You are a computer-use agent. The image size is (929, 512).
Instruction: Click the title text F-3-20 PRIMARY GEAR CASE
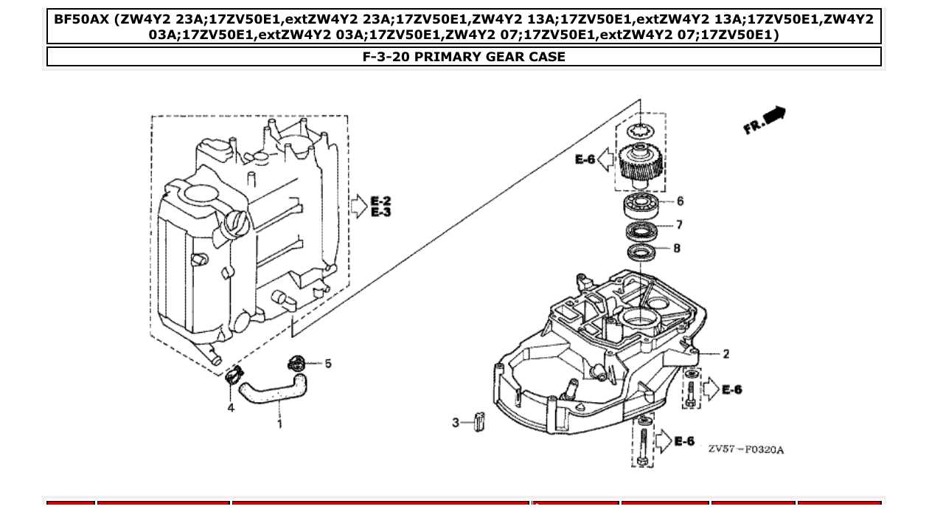[x=464, y=57]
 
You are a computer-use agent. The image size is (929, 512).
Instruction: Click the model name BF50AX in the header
[x=82, y=18]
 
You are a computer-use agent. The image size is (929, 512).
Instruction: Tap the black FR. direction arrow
[x=774, y=116]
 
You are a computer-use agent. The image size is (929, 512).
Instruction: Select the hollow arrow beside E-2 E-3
[x=358, y=207]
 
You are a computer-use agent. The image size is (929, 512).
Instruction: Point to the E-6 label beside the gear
[x=585, y=159]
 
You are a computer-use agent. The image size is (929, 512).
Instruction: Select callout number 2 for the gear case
[x=726, y=354]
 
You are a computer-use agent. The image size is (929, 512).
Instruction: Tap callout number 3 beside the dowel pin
[x=456, y=423]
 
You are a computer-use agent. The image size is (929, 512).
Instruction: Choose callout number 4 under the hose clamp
[x=231, y=407]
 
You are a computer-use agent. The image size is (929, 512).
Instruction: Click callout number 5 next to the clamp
[x=328, y=363]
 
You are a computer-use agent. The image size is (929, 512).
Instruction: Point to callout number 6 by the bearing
[x=680, y=201]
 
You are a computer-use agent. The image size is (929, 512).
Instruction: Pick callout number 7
[x=678, y=225]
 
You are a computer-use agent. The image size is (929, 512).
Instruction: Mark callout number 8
[x=677, y=249]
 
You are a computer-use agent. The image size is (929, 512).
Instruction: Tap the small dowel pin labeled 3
[x=479, y=421]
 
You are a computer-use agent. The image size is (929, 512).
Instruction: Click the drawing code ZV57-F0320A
[x=745, y=449]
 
